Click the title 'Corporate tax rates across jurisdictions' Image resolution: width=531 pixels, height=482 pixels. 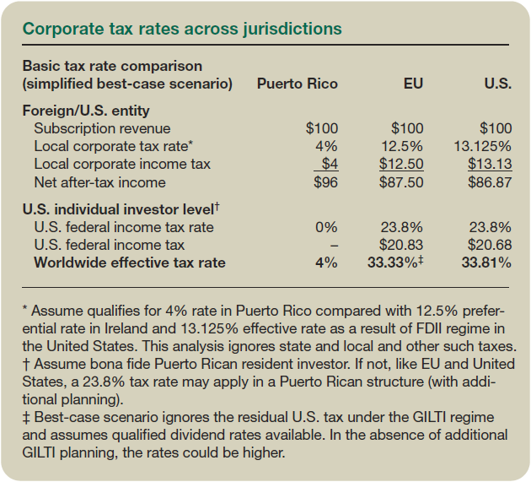point(182,29)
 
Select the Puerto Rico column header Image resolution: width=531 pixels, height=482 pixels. point(297,84)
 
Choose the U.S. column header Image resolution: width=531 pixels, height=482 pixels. point(497,84)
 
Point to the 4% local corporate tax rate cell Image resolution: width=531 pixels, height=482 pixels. point(326,146)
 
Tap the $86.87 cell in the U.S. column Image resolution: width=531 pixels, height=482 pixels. point(490,181)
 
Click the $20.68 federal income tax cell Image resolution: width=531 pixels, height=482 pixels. point(490,245)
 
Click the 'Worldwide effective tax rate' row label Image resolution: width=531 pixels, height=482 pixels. point(130,263)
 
